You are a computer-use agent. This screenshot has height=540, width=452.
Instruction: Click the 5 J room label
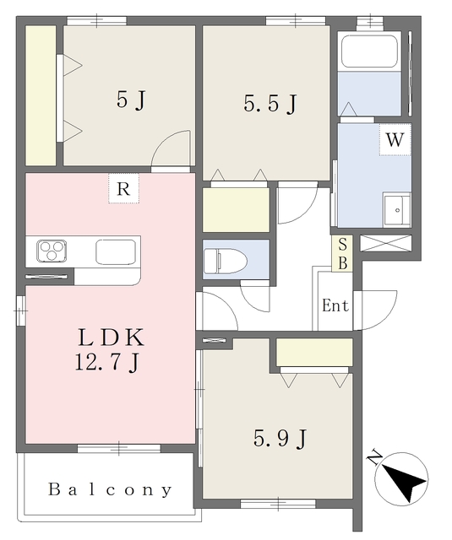tap(131, 100)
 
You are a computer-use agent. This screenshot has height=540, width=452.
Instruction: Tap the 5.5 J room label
tap(270, 103)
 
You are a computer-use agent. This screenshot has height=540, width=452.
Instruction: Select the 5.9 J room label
tap(280, 439)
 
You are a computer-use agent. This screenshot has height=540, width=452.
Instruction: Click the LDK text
tap(111, 337)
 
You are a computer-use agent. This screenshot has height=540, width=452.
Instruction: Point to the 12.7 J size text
tap(107, 362)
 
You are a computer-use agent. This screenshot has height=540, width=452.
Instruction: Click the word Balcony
tap(110, 489)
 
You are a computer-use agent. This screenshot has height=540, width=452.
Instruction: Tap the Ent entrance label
tap(335, 305)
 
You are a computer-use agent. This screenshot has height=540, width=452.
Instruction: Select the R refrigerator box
tap(124, 188)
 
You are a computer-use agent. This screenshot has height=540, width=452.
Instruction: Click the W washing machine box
tap(395, 139)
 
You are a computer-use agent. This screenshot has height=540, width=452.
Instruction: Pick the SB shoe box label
tap(342, 254)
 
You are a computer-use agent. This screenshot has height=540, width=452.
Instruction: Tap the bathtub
tap(369, 51)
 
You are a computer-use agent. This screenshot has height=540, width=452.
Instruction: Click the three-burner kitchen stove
tap(52, 251)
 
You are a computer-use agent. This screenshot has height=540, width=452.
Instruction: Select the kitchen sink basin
tap(116, 251)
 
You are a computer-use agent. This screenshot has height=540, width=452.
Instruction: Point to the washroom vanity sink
tap(397, 210)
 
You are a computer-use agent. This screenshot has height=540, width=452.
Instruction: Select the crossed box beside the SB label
tap(386, 243)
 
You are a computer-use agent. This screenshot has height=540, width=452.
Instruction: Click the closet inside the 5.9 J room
tap(314, 353)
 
